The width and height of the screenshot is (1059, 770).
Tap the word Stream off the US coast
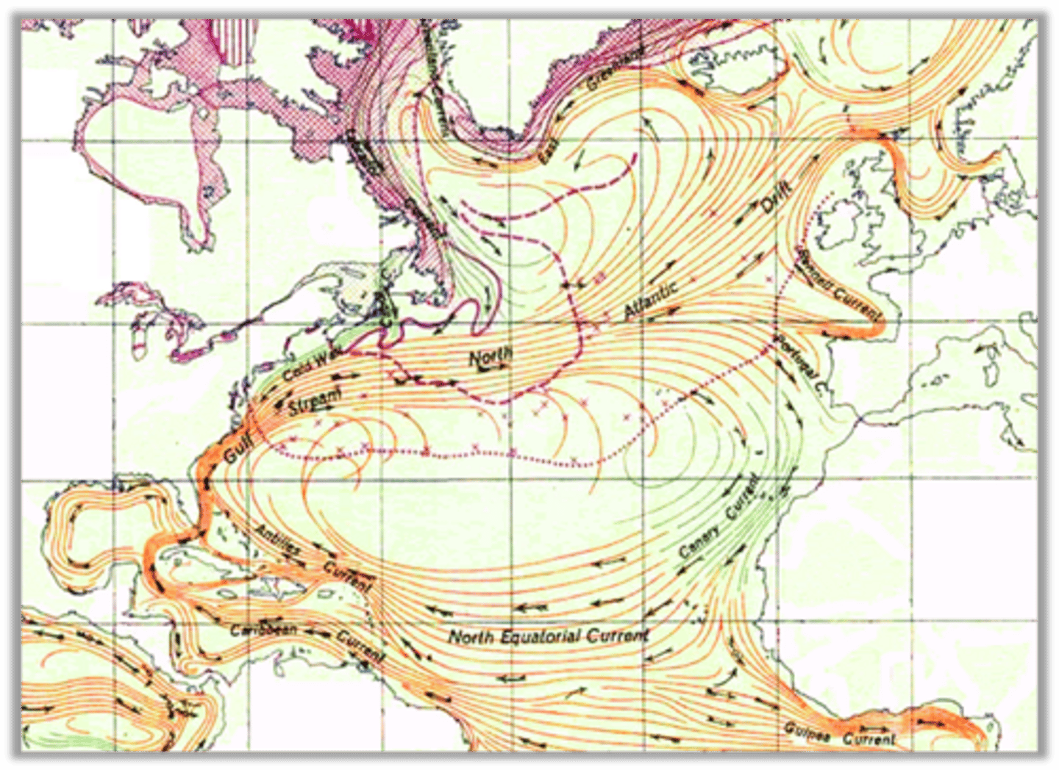coord(315,400)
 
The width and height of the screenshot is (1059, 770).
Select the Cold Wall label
coord(309,365)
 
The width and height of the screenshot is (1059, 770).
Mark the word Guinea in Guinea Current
coord(807,732)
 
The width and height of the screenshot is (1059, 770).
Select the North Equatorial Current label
coord(549,636)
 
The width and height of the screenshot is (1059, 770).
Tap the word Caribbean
coord(263,630)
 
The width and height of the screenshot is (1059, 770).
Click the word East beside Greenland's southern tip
coord(549,150)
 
